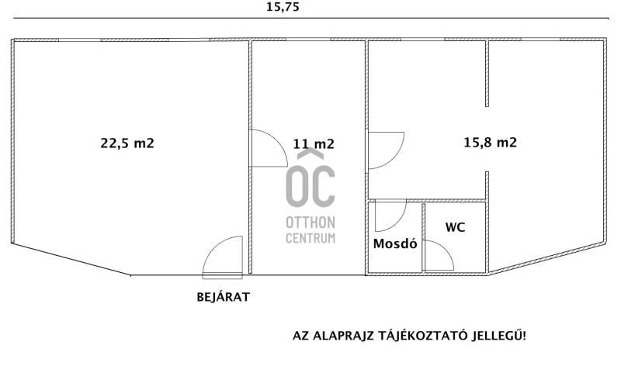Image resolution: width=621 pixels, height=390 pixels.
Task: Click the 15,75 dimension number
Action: pyautogui.click(x=283, y=8)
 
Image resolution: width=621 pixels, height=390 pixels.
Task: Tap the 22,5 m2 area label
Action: pyautogui.click(x=127, y=143)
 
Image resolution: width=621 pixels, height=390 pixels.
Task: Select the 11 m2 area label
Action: pyautogui.click(x=314, y=143)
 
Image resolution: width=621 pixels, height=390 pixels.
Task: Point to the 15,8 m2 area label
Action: pyautogui.click(x=491, y=142)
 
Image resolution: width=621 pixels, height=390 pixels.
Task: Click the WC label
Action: pyautogui.click(x=455, y=227)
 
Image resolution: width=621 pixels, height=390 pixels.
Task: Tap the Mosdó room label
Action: pyautogui.click(x=395, y=243)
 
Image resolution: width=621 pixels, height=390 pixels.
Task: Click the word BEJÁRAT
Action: pyautogui.click(x=223, y=297)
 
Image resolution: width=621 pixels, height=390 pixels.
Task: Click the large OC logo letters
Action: pyautogui.click(x=310, y=186)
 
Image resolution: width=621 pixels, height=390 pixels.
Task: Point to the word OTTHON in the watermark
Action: pyautogui.click(x=310, y=223)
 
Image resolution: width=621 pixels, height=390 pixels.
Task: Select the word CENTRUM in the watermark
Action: pyautogui.click(x=310, y=238)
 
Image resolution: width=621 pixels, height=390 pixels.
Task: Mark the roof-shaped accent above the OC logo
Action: pyautogui.click(x=310, y=154)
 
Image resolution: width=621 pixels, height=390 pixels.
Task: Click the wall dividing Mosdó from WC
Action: pyautogui.click(x=423, y=237)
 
